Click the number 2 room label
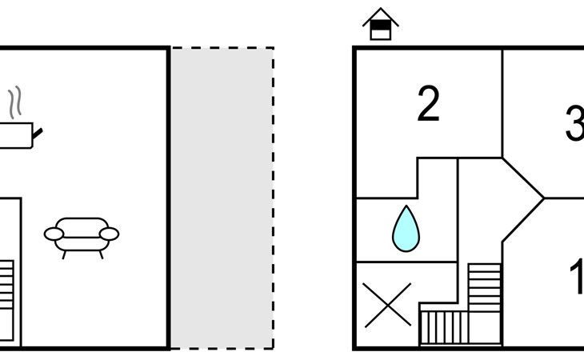click(x=429, y=105)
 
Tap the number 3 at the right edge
click(x=574, y=124)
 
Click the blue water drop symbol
click(x=406, y=229)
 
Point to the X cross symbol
click(x=387, y=305)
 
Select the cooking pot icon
click(x=16, y=135)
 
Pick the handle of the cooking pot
click(x=37, y=130)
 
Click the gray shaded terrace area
click(x=222, y=198)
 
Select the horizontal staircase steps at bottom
click(x=448, y=326)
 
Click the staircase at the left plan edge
click(x=6, y=284)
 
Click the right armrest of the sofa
click(x=110, y=234)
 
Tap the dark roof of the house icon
click(x=381, y=17)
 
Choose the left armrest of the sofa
click(x=53, y=234)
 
